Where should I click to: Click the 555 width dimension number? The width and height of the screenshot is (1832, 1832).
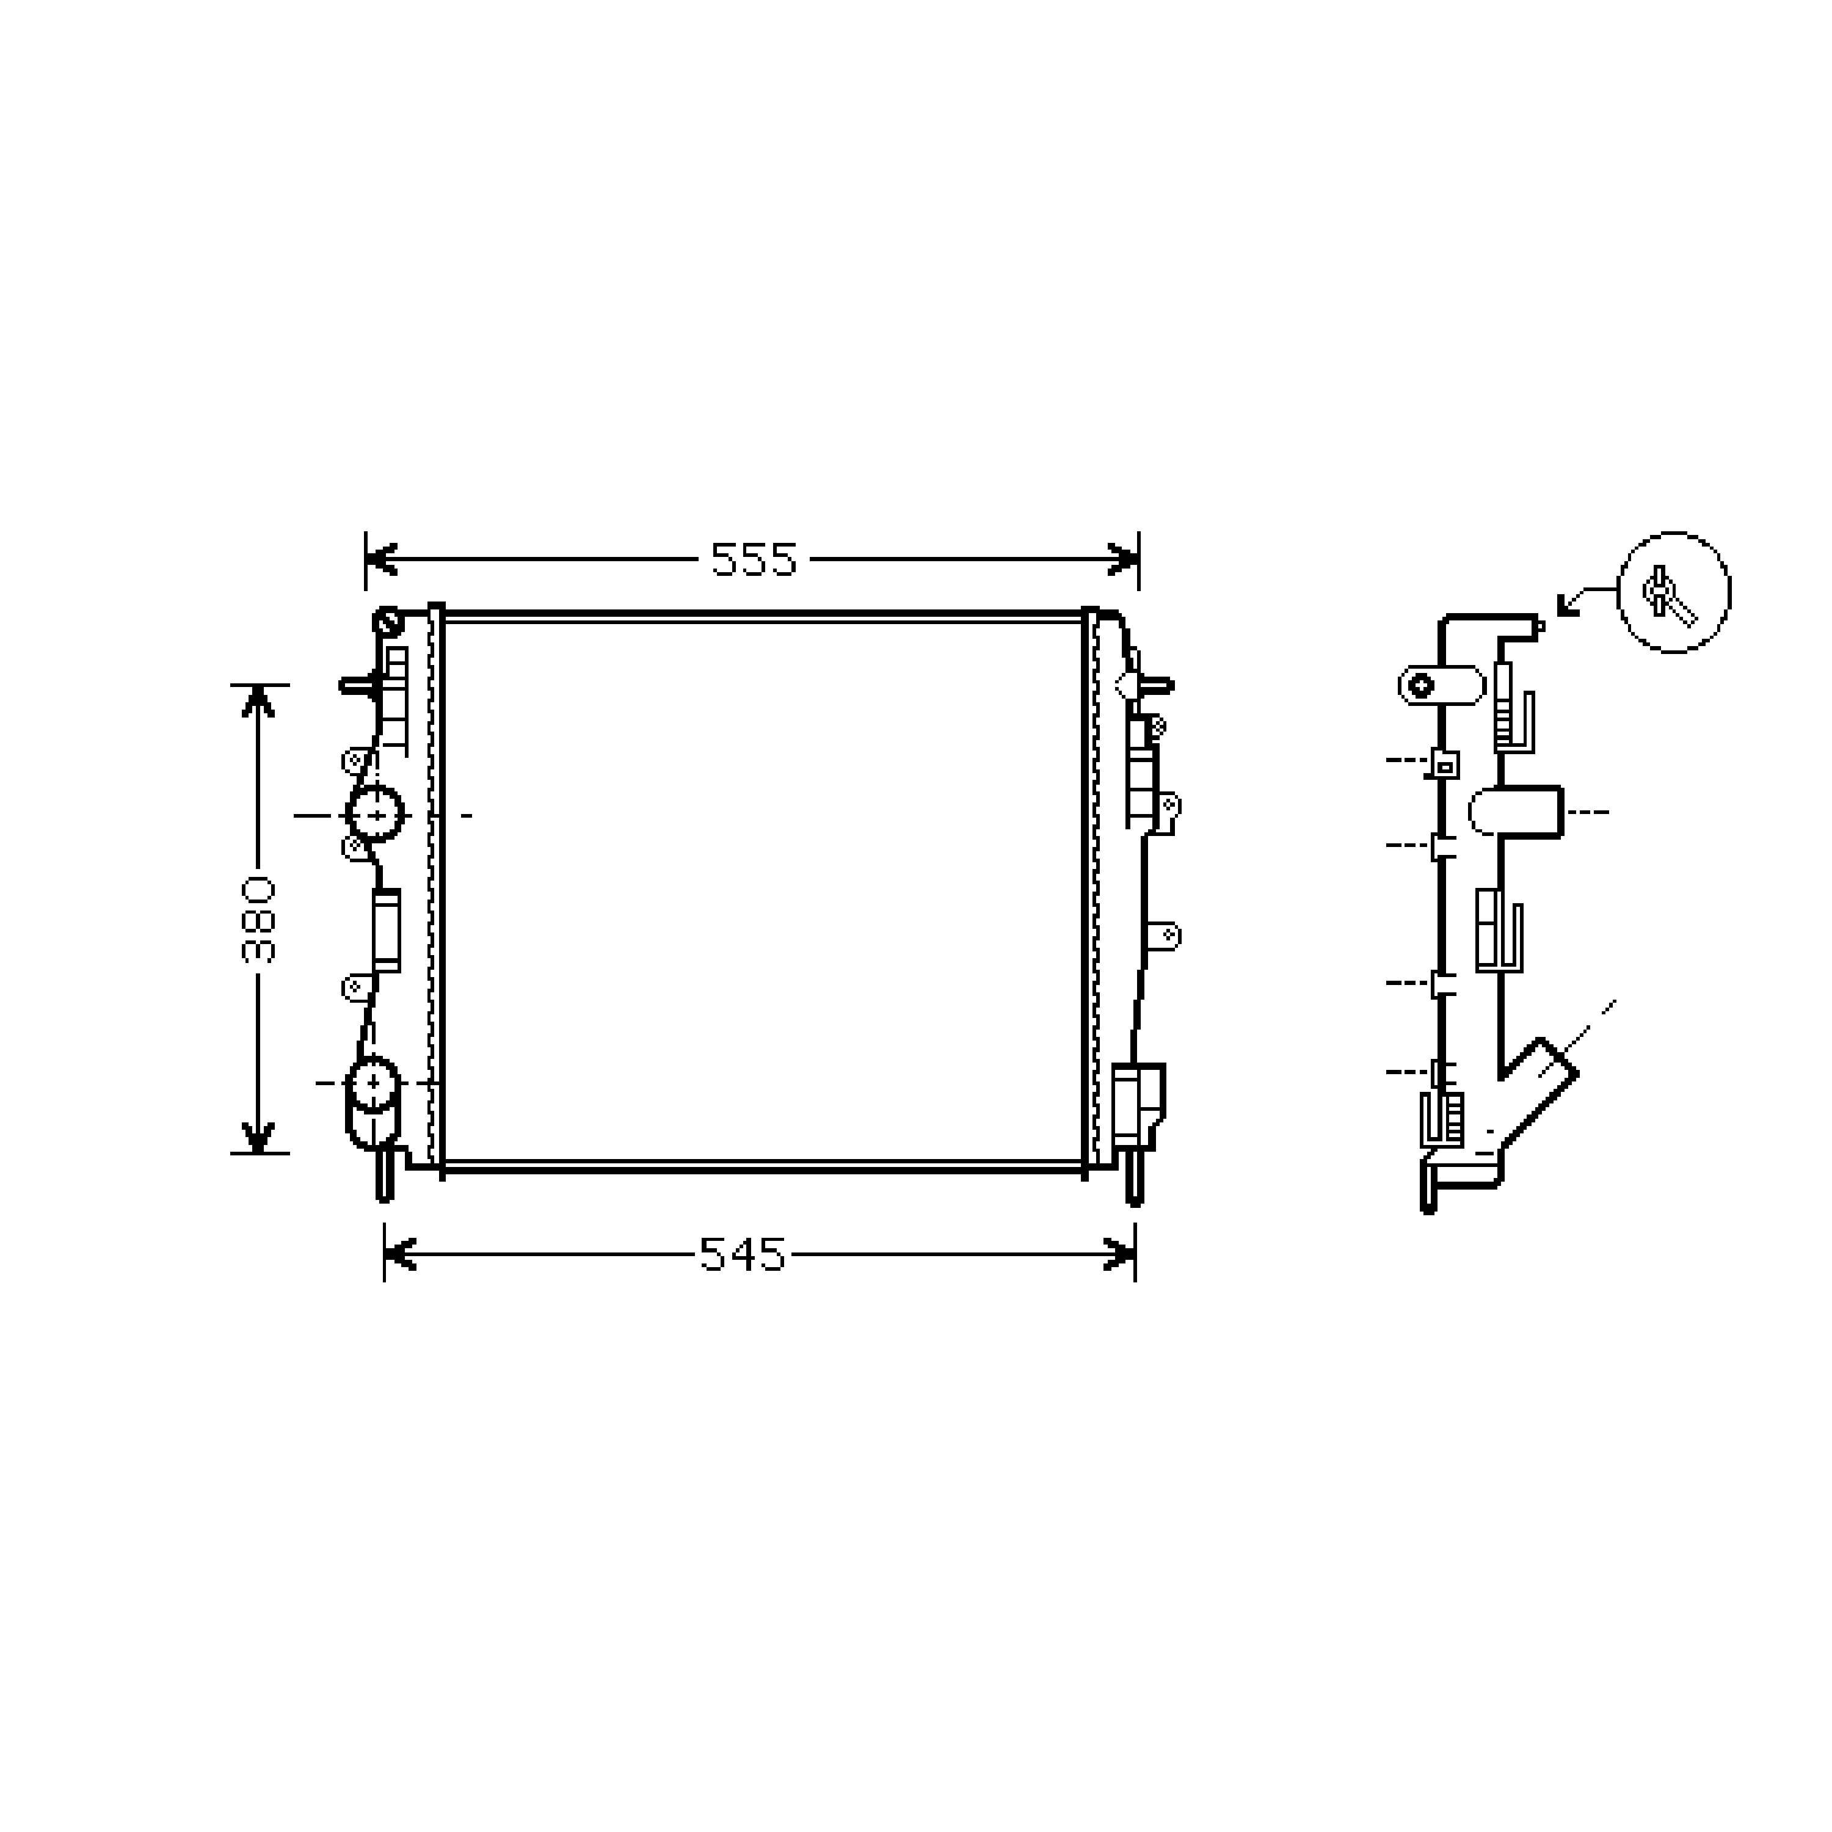coord(754,561)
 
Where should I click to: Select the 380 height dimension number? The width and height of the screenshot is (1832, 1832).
coord(258,920)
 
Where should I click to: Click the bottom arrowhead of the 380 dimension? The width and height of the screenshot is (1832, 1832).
coord(258,1137)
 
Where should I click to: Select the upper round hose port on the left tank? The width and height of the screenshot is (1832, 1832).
coord(376,813)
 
